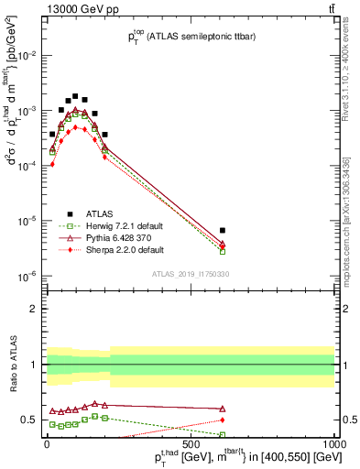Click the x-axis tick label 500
(x=191, y=443)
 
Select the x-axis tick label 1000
(x=334, y=443)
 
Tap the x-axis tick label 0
(x=47, y=443)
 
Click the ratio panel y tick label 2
(x=34, y=309)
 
